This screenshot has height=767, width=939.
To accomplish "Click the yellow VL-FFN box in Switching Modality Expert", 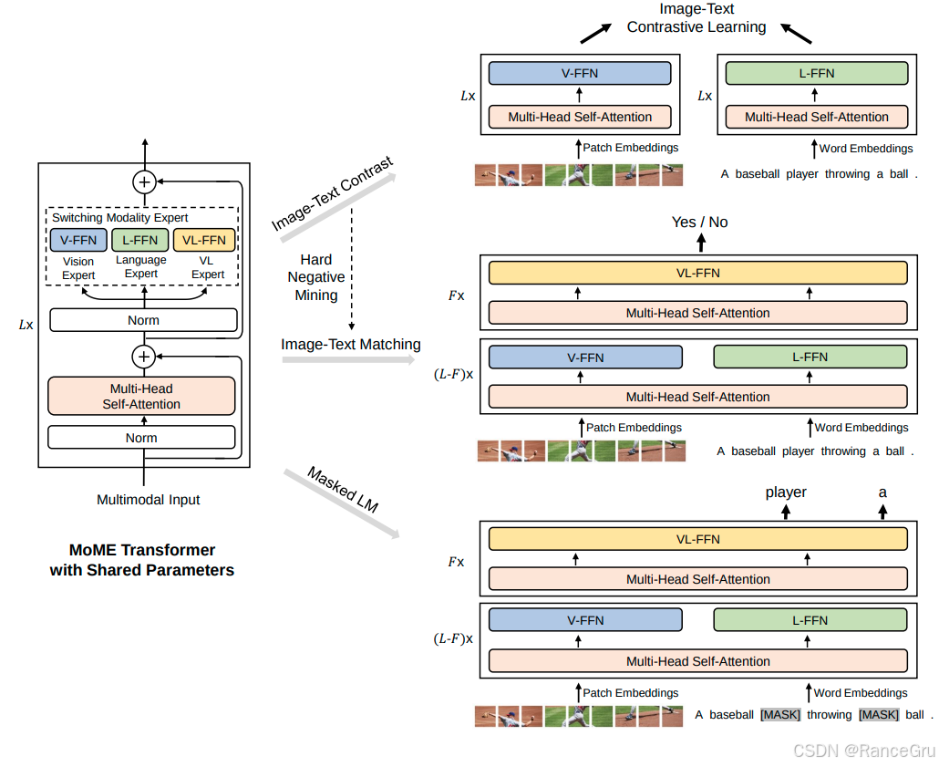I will tap(204, 241).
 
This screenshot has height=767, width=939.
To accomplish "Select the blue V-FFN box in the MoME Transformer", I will tap(77, 241).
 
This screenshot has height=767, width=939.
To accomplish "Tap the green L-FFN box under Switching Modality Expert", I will tap(140, 241).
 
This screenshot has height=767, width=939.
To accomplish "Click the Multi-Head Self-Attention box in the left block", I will tap(141, 396).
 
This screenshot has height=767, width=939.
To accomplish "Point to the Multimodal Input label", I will tap(148, 500).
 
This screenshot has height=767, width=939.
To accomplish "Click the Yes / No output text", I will tap(699, 223).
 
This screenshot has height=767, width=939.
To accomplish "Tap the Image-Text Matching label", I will tap(351, 345).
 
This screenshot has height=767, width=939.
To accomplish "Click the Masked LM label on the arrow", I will tap(342, 490).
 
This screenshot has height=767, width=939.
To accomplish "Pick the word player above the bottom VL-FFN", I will tap(786, 492).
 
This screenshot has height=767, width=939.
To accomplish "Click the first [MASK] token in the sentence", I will tap(779, 715).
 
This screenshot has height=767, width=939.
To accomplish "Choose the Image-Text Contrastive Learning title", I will tap(697, 18).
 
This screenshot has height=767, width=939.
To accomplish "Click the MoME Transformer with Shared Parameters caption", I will tap(141, 560).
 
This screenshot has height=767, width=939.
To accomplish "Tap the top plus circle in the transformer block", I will tap(143, 181).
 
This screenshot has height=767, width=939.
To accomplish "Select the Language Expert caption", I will tap(140, 267).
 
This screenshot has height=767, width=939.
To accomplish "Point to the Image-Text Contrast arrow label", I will tap(332, 193).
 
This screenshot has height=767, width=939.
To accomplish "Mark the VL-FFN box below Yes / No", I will tap(697, 273).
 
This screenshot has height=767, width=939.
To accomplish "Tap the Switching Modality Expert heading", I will tap(120, 218).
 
